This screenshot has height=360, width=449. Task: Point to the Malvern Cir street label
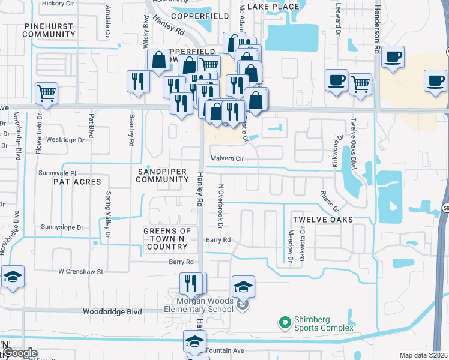pyautogui.click(x=226, y=158)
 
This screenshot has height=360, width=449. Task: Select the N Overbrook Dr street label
pyautogui.click(x=220, y=206)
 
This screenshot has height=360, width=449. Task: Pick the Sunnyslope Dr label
pyautogui.click(x=62, y=227)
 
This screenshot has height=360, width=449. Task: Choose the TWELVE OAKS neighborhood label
pyautogui.click(x=322, y=220)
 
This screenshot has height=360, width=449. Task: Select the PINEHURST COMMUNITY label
pyautogui.click(x=48, y=31)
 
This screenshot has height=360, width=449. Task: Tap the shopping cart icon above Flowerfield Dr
pyautogui.click(x=46, y=93)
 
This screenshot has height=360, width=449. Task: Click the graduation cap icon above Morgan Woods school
pyautogui.click(x=243, y=286)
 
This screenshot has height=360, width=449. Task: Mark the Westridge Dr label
pyautogui.click(x=65, y=140)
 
